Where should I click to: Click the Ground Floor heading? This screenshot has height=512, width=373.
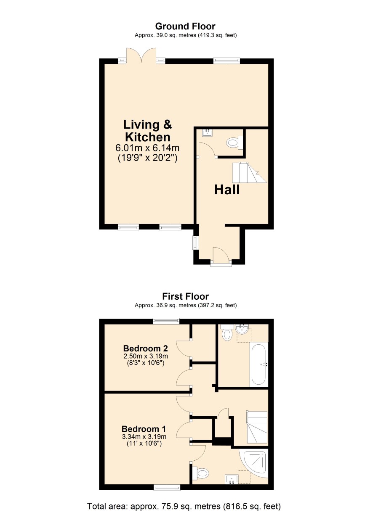(x=185, y=26)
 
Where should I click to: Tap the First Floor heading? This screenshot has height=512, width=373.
(x=186, y=296)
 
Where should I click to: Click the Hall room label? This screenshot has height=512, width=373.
(x=227, y=190)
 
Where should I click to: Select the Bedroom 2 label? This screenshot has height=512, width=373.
(x=145, y=348)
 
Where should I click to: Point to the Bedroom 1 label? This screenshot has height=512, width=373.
(x=144, y=429)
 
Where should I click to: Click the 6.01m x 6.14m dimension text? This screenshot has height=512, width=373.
(x=147, y=148)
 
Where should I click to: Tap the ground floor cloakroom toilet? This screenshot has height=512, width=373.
(x=234, y=143)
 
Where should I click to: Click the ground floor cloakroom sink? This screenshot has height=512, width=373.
(x=207, y=133)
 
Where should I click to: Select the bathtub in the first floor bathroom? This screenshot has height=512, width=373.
(x=259, y=364)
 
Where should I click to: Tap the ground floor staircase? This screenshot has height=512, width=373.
(x=250, y=172)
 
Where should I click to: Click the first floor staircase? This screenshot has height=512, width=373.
(x=257, y=427)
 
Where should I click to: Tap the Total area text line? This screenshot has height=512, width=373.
(x=184, y=506)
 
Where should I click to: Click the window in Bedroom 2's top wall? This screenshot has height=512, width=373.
(x=166, y=322)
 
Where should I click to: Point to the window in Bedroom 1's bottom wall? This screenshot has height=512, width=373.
(x=167, y=487)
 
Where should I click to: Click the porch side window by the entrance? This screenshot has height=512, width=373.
(x=196, y=243)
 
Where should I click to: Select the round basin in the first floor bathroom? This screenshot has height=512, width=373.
(x=241, y=330)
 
